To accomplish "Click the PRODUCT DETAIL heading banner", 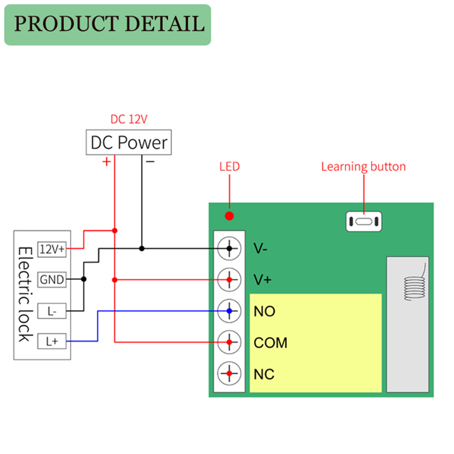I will coord(108,25).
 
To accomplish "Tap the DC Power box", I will coord(129,143).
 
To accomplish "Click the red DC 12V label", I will coord(129,119).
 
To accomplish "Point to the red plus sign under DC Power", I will coord(106,162).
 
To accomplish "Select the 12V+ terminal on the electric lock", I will coord(53,249).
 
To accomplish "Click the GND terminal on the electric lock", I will coord(52,280).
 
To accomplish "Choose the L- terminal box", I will coord(52,311).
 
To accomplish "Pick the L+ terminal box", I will coord(52,341).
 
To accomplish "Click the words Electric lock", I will coord(25,294).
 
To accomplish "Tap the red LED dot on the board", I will coord(229,216).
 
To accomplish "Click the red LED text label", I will coord(229,167).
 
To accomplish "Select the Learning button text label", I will coord(363,167).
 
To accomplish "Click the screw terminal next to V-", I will coord(229,248).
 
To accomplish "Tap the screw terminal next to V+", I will coord(229,280).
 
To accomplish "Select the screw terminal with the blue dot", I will coord(229,311).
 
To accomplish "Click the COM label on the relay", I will coord(271,343).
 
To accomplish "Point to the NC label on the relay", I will coord(264,375).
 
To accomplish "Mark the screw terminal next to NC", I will coord(229,373).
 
